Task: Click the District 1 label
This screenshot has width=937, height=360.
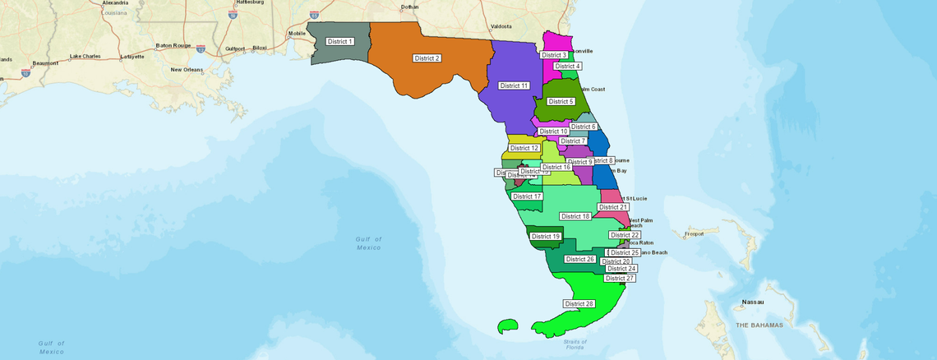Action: (x=339, y=41)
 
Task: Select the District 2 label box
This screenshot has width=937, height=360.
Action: (x=427, y=58)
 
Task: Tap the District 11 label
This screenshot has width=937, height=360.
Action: (x=514, y=85)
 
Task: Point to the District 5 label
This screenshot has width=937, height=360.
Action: (x=561, y=101)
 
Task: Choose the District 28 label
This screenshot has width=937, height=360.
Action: (x=579, y=304)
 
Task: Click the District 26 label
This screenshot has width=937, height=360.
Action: (x=579, y=259)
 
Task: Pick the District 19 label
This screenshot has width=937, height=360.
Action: (x=546, y=236)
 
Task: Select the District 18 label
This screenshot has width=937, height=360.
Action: (x=575, y=216)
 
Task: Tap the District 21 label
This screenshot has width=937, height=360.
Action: (x=613, y=207)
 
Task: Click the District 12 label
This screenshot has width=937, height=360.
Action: (x=524, y=148)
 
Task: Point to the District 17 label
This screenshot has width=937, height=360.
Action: (x=527, y=196)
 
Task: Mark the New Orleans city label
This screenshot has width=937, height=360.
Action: (x=187, y=70)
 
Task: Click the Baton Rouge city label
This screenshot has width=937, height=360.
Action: (x=173, y=46)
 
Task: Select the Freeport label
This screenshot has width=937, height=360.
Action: (x=695, y=233)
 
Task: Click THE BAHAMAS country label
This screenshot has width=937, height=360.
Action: (x=759, y=325)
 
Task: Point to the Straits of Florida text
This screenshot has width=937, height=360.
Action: (x=575, y=344)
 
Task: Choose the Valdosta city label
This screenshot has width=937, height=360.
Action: (x=501, y=26)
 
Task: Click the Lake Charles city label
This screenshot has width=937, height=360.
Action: (x=85, y=56)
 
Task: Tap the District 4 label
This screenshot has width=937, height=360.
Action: (x=567, y=66)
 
